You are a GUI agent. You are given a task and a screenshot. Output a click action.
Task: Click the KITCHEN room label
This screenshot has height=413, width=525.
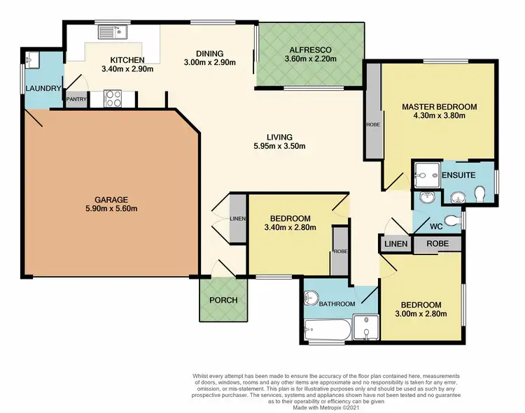(x=127, y=59)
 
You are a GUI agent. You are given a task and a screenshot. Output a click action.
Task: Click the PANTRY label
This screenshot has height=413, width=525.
(x=76, y=99)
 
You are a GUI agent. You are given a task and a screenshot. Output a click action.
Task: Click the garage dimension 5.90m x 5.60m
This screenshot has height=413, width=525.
(x=106, y=208)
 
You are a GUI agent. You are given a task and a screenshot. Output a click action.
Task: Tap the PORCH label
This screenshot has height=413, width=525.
(x=223, y=300)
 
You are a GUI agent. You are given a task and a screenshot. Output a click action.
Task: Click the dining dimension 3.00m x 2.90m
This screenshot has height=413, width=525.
(x=209, y=63)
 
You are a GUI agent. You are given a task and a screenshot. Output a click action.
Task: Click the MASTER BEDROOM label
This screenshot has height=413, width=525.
(x=439, y=107)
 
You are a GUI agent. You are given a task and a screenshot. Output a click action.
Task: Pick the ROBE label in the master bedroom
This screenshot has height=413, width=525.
(x=372, y=125)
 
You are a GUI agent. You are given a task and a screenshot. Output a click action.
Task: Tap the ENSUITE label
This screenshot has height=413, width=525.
(x=458, y=174)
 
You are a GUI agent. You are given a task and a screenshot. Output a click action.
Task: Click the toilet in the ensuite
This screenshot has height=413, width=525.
(x=480, y=194)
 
